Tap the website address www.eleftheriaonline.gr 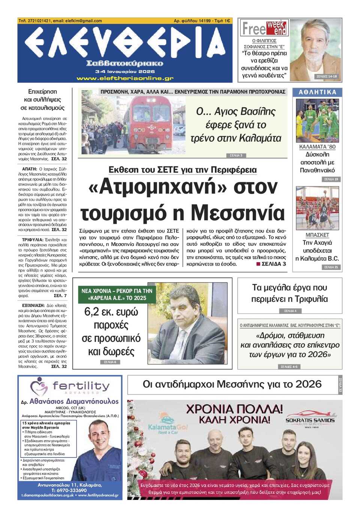[x=125, y=78]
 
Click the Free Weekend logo [x=264, y=28]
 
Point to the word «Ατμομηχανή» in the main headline [x=151, y=187]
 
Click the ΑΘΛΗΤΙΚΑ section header [x=317, y=92]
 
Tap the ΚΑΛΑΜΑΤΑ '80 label [x=317, y=147]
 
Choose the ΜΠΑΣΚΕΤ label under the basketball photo [x=317, y=235]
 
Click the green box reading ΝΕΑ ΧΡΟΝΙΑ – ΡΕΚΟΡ [x=117, y=294]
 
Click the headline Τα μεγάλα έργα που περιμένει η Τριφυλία [x=289, y=293]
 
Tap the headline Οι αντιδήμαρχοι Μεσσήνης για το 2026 [x=232, y=384]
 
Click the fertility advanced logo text [x=81, y=386]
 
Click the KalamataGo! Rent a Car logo [x=168, y=428]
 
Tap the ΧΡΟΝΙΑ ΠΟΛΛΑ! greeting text [x=234, y=408]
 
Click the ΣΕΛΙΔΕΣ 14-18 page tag [x=327, y=76]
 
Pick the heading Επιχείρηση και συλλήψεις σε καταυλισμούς [x=42, y=100]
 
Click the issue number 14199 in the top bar [x=205, y=21]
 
